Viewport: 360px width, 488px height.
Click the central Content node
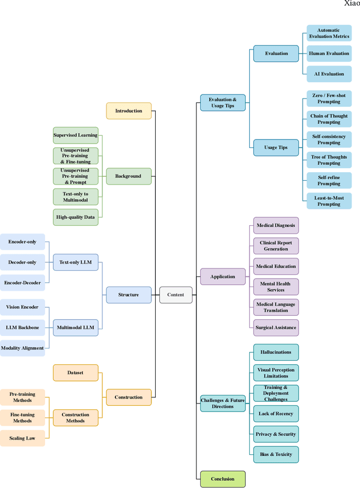[175, 294]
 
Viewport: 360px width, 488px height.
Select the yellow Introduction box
[129, 111]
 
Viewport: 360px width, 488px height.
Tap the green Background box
[129, 176]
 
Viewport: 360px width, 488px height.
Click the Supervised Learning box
[75, 135]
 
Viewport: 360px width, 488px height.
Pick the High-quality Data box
[75, 217]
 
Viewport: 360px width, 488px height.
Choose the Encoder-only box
[22, 242]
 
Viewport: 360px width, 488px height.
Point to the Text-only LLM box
[75, 262]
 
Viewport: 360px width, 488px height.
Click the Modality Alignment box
[22, 348]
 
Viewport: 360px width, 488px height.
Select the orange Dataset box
[75, 373]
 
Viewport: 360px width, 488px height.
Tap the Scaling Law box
[22, 438]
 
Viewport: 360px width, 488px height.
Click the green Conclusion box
[223, 479]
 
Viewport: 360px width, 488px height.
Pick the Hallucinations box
[276, 352]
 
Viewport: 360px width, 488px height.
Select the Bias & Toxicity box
[276, 454]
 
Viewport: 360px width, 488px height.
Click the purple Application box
[223, 277]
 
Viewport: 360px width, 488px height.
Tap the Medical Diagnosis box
[276, 226]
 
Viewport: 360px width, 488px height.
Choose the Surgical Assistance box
[276, 328]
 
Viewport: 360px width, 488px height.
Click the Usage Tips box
[276, 148]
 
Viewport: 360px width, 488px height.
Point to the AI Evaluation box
[329, 74]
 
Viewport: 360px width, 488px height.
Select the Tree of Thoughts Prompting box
[329, 160]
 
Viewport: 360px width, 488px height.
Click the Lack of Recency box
[276, 414]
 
